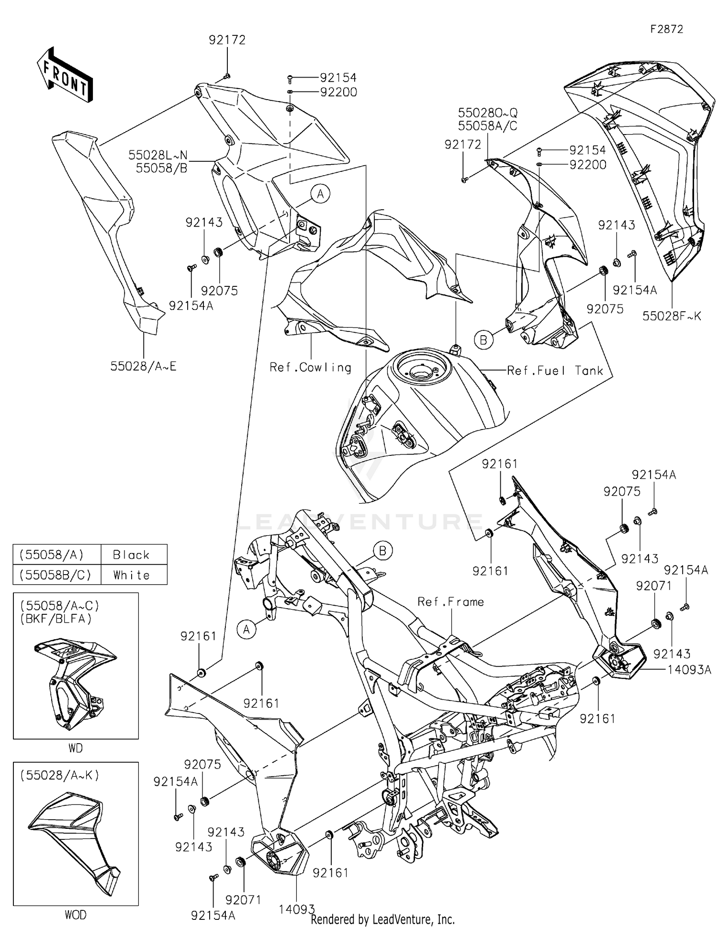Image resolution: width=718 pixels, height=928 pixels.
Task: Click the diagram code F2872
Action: [x=666, y=29]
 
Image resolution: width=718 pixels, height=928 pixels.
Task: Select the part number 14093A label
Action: [x=689, y=669]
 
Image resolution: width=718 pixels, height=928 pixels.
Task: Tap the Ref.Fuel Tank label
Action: [x=555, y=371]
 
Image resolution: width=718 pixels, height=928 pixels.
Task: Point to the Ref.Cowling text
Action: [x=310, y=367]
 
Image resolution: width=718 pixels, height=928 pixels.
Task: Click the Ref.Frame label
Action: [x=450, y=602]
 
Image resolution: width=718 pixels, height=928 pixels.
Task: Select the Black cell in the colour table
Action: [x=131, y=555]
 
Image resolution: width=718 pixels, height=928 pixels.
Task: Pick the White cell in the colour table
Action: [x=131, y=575]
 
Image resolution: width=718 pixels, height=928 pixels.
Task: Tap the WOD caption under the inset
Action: [x=76, y=915]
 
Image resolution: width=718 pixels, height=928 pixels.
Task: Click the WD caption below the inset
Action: [x=76, y=748]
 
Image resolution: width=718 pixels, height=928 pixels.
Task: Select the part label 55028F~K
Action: [x=672, y=316]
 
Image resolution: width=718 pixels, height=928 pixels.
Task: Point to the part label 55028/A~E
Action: [x=144, y=366]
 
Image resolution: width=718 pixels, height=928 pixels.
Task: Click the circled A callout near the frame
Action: [x=247, y=629]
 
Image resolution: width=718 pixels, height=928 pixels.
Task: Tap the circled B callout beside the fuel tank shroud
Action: [x=483, y=340]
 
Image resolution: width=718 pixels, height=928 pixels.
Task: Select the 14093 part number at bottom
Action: [x=297, y=909]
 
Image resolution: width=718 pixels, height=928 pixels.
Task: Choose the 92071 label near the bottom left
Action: [x=243, y=900]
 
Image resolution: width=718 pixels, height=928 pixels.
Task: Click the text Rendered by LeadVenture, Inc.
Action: [x=382, y=919]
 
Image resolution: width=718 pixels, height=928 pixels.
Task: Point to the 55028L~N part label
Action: [x=158, y=155]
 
